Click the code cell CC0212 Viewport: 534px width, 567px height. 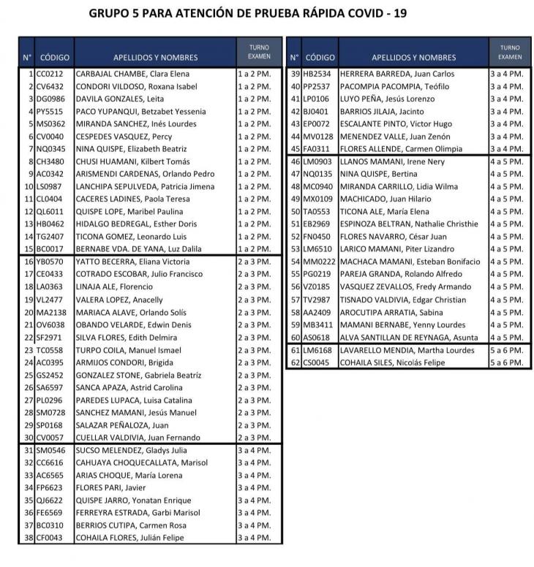(x=50, y=74)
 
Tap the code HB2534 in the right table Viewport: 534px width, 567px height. (x=317, y=74)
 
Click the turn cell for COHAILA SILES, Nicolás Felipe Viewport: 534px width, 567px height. (x=506, y=362)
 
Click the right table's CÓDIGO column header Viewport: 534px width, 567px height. (x=320, y=57)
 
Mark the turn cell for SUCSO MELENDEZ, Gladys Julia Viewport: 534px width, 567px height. (x=254, y=450)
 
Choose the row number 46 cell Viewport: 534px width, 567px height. (x=296, y=161)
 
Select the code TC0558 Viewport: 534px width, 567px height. (x=50, y=350)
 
